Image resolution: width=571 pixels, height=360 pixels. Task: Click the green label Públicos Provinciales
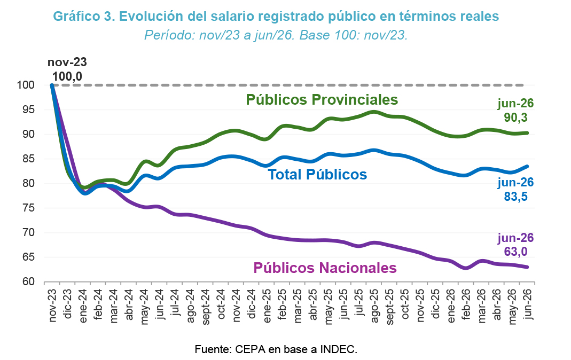tap(322, 100)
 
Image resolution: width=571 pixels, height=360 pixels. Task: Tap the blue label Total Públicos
tap(317, 174)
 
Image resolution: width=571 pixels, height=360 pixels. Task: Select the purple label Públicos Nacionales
tap(325, 268)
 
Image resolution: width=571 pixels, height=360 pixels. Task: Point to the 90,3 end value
tap(515, 118)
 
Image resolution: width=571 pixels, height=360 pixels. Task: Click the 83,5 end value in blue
tap(515, 197)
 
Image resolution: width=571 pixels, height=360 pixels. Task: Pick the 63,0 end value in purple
tap(515, 252)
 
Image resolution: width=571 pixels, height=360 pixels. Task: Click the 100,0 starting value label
tap(67, 76)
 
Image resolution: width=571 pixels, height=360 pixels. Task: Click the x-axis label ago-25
tap(374, 306)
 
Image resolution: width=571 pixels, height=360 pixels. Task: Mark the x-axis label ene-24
tap(83, 306)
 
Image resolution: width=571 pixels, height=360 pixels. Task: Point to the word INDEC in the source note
tap(338, 349)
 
